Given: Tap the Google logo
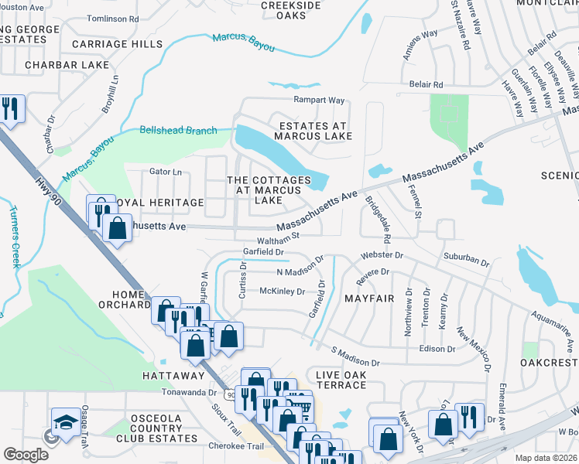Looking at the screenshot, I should (x=26, y=455).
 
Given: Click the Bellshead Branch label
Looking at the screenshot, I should (x=178, y=131).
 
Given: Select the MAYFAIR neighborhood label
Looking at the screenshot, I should (x=369, y=298).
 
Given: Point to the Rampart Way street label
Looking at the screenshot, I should (x=318, y=101).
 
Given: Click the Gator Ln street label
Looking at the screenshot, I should (x=166, y=172).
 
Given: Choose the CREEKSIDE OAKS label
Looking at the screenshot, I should (x=290, y=10).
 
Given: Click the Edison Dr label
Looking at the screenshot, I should (x=437, y=349).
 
